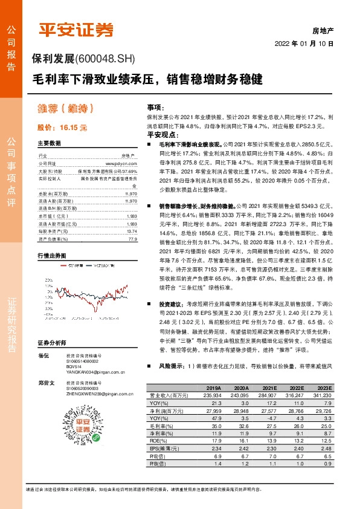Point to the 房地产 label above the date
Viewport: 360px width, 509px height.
tap(323, 29)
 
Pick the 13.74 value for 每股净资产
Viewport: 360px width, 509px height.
tap(132, 215)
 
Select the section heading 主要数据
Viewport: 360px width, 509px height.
tap(49, 144)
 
